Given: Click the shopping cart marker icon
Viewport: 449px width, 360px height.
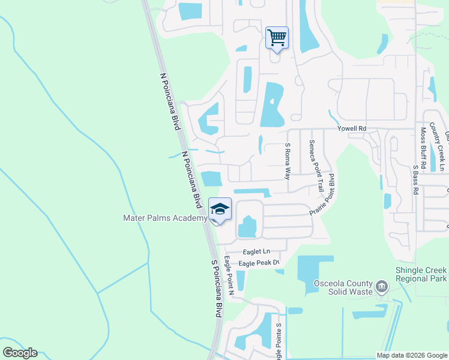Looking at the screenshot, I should tap(277, 38).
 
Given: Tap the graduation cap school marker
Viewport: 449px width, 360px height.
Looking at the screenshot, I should tap(220, 209).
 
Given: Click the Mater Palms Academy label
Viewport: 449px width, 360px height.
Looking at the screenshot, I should tap(165, 219).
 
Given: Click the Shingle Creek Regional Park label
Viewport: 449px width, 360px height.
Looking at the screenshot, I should tap(421, 275).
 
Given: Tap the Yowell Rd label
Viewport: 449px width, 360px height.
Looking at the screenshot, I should tap(352, 129).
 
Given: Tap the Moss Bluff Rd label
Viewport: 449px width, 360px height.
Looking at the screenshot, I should tap(423, 147).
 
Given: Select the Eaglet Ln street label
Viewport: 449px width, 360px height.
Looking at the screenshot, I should tap(257, 251).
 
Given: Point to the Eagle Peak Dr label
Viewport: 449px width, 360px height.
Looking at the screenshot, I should tap(259, 263).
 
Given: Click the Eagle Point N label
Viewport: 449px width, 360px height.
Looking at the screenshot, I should tap(229, 277).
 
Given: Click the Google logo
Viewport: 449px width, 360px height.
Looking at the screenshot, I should tap(20, 353).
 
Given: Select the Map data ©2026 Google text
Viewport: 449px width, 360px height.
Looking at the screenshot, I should tap(411, 355).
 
